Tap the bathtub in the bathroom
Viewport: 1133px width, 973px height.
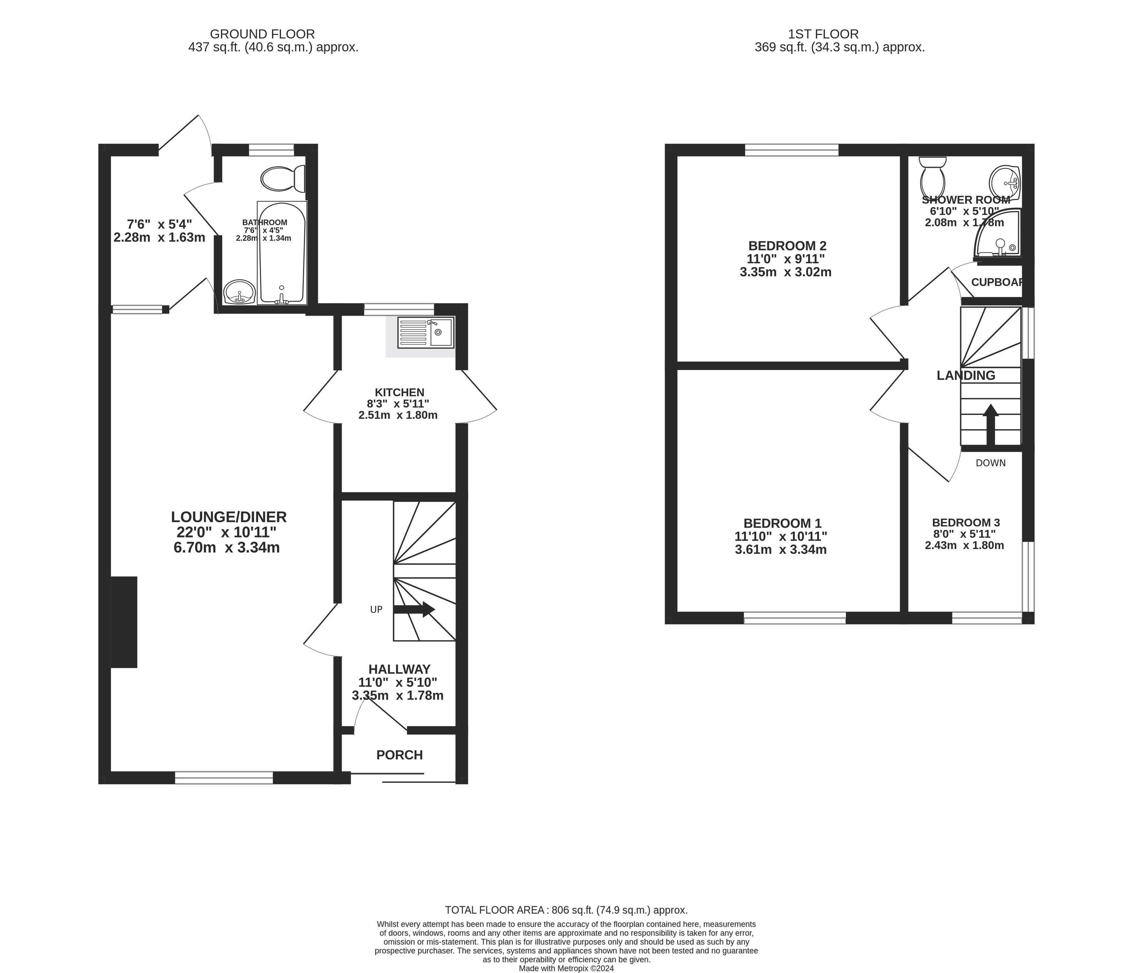click(282, 253)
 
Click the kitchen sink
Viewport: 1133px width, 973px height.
click(426, 332)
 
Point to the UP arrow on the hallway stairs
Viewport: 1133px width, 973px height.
click(414, 609)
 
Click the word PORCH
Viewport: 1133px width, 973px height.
click(400, 755)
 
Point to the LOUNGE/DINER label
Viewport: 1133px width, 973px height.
click(229, 517)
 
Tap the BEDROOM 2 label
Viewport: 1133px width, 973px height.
click(787, 246)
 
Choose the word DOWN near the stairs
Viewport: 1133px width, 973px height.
click(991, 463)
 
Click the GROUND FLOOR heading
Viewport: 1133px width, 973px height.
click(263, 34)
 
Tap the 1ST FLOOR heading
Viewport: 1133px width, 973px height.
click(824, 34)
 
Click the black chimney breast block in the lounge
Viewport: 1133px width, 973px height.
click(124, 622)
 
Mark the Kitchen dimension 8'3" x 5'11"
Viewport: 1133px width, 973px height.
click(398, 404)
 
